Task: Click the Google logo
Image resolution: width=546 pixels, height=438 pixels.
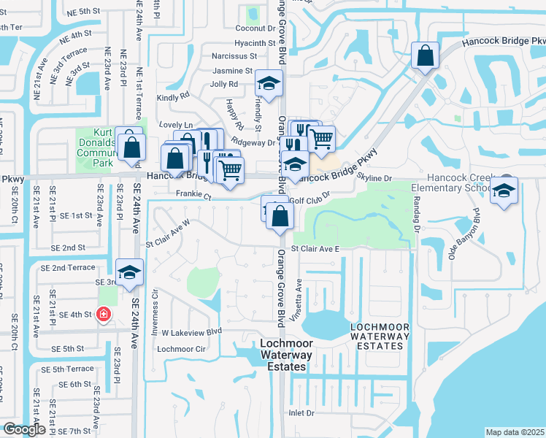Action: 23,430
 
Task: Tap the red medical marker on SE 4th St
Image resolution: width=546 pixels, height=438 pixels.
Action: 104,314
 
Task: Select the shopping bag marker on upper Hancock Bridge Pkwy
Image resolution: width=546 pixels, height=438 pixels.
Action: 425,55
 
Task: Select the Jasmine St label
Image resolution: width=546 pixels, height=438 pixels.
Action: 232,71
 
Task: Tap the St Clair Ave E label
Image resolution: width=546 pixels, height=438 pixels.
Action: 316,249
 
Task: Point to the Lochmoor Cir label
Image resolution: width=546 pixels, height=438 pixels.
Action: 178,349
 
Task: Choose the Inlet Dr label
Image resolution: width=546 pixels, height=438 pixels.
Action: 301,412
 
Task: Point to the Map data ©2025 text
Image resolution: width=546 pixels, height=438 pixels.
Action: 515,432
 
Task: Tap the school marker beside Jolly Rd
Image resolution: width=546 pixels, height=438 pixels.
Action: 269,85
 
